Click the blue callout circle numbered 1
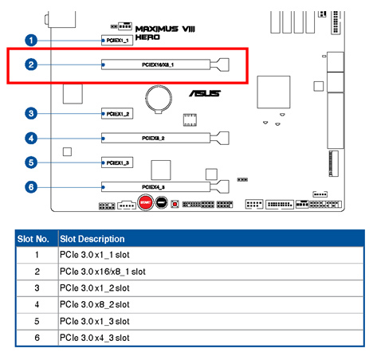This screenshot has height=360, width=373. pos(30,39)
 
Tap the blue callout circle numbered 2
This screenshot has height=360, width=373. pos(30,65)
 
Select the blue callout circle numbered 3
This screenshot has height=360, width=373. pos(30,114)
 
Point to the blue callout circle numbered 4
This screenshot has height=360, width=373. pos(30,138)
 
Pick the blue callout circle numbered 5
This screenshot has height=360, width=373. pos(30,162)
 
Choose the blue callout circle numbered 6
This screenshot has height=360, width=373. pos(30,186)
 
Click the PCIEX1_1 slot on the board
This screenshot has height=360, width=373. pos(116,39)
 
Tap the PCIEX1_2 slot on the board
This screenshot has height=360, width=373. pos(116,114)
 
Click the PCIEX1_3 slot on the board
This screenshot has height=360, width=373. pos(116,162)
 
